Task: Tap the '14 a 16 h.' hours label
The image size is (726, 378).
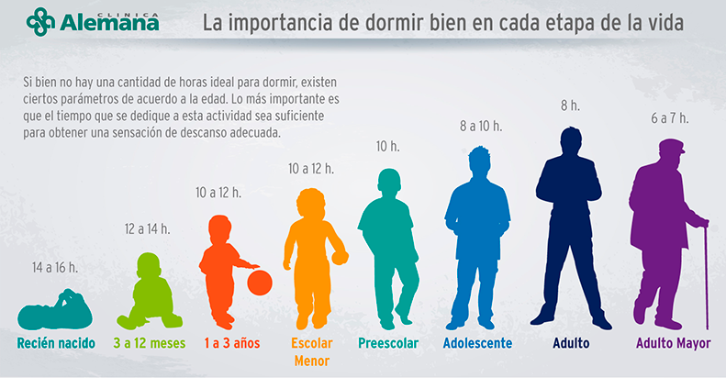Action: pyautogui.click(x=55, y=268)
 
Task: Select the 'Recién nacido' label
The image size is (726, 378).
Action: pyautogui.click(x=56, y=344)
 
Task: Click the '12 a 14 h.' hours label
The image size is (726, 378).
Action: pyautogui.click(x=148, y=228)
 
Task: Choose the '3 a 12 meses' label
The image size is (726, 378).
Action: pyautogui.click(x=150, y=344)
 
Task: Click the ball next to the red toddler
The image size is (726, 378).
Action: pyautogui.click(x=260, y=282)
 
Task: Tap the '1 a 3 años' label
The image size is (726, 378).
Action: pyautogui.click(x=229, y=344)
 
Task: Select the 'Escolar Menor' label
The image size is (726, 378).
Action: pyautogui.click(x=311, y=352)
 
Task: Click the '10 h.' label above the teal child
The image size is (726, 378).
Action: pyautogui.click(x=388, y=146)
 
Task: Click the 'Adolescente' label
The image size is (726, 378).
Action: pyautogui.click(x=477, y=344)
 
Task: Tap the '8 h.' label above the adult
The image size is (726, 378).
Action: pyautogui.click(x=570, y=106)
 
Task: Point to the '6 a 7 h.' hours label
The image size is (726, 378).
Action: pyautogui.click(x=669, y=117)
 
